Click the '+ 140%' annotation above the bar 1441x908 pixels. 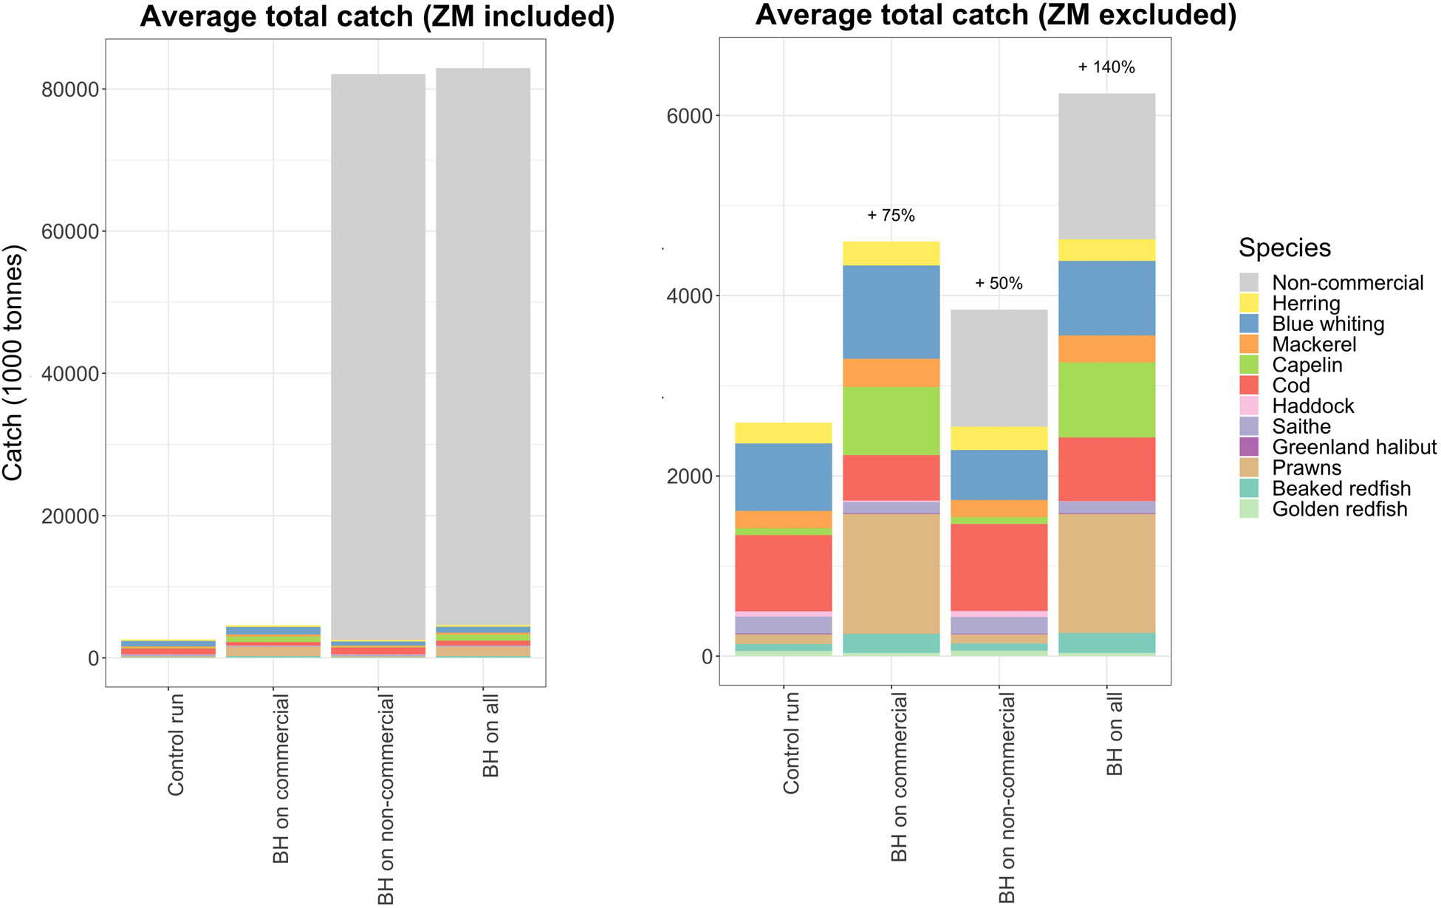click(1106, 67)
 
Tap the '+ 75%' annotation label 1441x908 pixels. click(891, 216)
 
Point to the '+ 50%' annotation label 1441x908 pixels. click(999, 284)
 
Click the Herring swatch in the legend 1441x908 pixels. click(1248, 304)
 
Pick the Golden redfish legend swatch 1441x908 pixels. click(1248, 509)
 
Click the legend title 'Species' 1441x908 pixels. click(1284, 248)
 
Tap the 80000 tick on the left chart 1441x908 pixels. click(70, 90)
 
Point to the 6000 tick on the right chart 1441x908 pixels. click(691, 116)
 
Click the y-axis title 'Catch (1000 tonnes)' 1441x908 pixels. click(15, 362)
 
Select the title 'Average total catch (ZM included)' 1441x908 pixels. click(377, 17)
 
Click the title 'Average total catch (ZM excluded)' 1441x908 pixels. click(995, 16)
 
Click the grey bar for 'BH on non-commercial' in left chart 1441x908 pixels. click(377, 355)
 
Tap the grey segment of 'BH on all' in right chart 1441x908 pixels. click(1106, 166)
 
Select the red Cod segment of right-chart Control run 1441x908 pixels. click(784, 573)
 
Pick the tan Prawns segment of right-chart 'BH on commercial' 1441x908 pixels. click(891, 573)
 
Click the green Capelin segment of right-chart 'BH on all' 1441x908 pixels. click(1106, 400)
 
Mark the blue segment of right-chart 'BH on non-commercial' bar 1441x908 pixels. click(999, 475)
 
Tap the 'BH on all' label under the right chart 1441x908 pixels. click(1115, 736)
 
